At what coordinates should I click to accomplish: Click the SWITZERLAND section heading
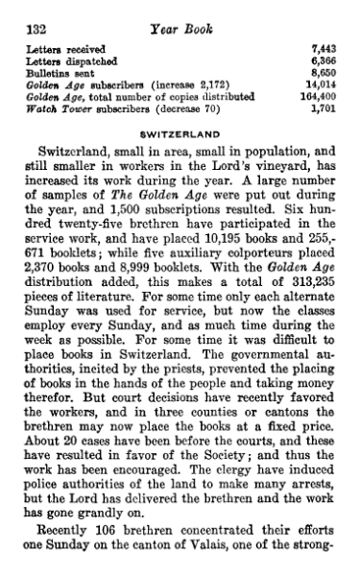click(x=180, y=133)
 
